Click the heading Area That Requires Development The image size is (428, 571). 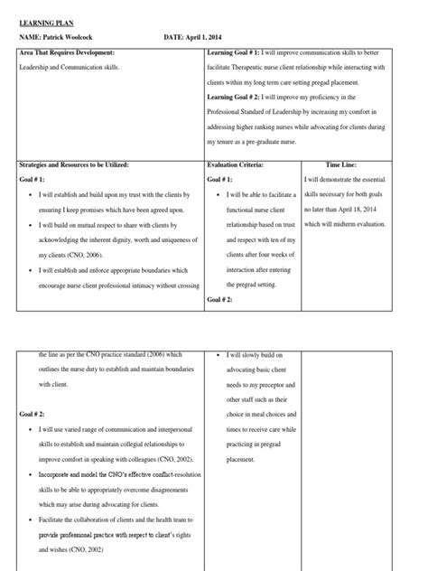pos(68,54)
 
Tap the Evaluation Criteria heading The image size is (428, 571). pos(237,164)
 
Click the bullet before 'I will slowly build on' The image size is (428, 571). pos(220,356)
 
